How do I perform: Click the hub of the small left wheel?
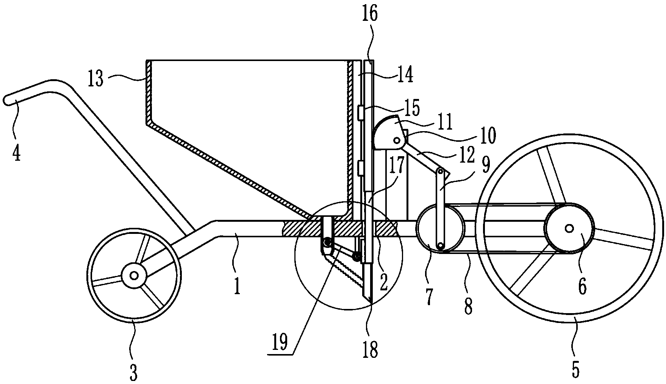click(134, 276)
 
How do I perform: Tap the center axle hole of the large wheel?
click(569, 228)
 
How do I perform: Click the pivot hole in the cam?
click(397, 141)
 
